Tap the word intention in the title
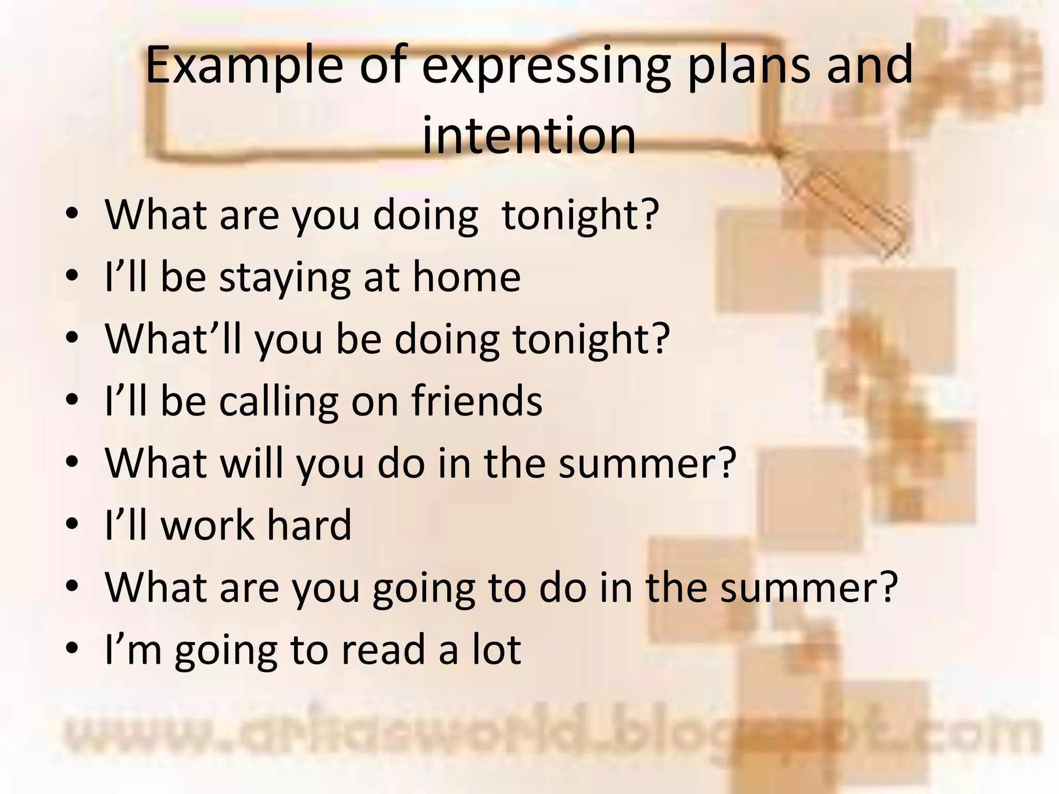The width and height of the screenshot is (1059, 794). click(528, 135)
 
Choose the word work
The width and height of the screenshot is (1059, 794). click(207, 525)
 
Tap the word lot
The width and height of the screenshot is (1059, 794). click(496, 649)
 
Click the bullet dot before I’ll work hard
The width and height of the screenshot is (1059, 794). click(72, 525)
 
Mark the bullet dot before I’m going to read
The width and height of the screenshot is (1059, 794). click(72, 649)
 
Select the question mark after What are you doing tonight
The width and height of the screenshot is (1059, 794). click(649, 215)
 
